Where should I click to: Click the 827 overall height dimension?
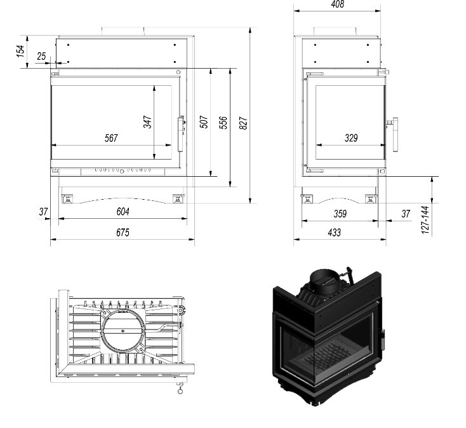coord(243,123)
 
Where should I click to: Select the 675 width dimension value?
coord(123,233)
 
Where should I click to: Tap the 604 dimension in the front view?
coord(123,212)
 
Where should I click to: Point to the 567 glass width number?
coord(111,138)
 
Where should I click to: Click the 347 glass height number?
coord(148,121)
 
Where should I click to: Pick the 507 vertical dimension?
coord(204,121)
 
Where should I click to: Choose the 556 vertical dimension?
coord(223,123)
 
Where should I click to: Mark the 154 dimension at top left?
coord(20,51)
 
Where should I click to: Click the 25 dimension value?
coord(42,56)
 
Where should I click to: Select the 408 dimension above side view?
coord(337,4)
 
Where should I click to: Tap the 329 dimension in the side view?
coord(351,138)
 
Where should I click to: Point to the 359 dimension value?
coord(340,214)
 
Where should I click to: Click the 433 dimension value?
coord(335,233)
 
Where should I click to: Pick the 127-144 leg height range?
coord(425,220)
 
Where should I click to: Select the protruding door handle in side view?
coord(393,135)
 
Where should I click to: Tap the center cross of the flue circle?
coord(123,331)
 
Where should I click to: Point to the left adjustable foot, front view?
coord(67,198)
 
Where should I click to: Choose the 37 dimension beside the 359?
coord(406,214)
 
